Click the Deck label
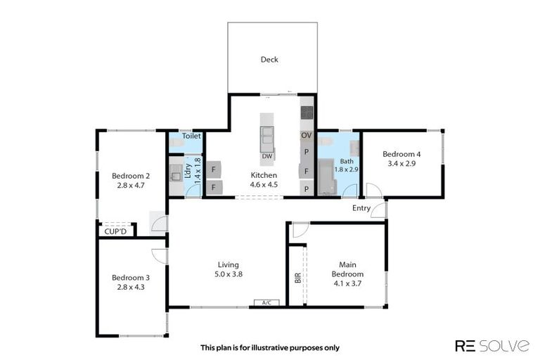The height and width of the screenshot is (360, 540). click(269, 60)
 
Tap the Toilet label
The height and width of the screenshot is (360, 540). click(192, 136)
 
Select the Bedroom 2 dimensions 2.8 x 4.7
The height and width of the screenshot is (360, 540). click(131, 186)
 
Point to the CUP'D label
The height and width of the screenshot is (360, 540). click(115, 231)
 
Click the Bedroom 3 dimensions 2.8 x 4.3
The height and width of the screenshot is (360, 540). click(131, 287)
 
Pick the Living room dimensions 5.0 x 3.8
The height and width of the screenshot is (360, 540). click(230, 274)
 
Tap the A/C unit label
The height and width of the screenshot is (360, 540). click(266, 303)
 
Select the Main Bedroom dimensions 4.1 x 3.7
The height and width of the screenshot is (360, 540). click(347, 283)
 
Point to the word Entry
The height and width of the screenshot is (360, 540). click(361, 208)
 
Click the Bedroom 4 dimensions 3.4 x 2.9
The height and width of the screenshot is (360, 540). click(401, 164)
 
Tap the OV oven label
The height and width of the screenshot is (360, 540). click(306, 134)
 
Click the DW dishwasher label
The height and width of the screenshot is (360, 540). click(267, 156)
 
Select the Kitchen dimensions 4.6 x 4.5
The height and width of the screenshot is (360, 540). click(264, 185)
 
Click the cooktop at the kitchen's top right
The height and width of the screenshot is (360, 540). click(307, 111)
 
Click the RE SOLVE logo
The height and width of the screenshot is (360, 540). click(492, 345)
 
